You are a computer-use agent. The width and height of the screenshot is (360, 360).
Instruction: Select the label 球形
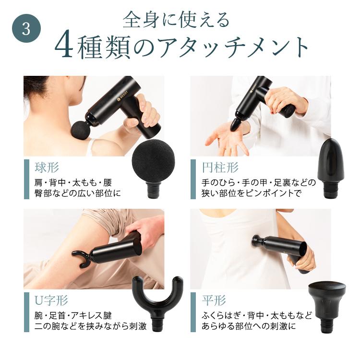tap(47, 168)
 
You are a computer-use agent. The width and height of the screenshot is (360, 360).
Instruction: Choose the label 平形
tap(214, 301)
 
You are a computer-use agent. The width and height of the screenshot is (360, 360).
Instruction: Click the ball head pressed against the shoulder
tap(78, 131)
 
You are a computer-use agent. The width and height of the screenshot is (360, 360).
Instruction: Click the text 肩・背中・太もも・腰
tap(70, 182)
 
